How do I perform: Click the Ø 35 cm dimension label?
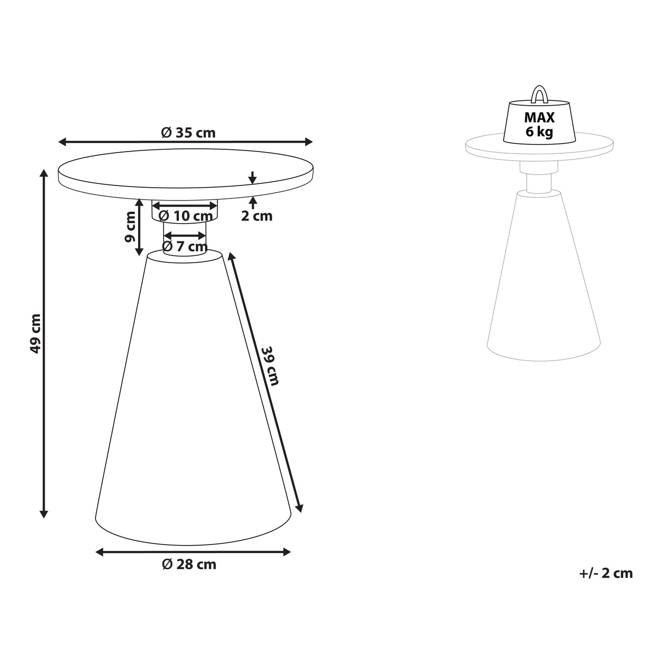click(188, 133)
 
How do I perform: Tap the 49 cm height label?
click(36, 333)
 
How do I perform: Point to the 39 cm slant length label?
click(270, 366)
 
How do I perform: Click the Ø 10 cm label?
click(185, 216)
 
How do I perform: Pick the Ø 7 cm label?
click(185, 246)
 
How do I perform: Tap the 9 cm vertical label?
click(129, 227)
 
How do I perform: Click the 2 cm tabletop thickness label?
click(257, 216)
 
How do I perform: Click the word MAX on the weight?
click(539, 118)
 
